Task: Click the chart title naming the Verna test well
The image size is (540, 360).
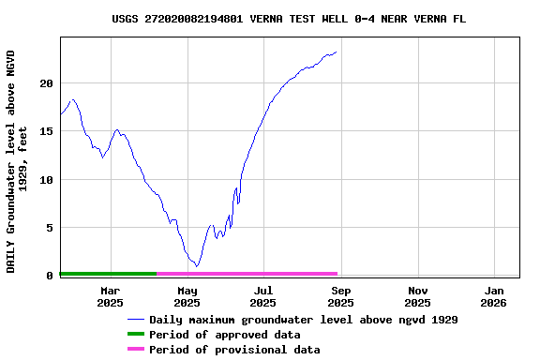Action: pyautogui.click(x=289, y=19)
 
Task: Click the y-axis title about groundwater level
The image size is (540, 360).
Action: pyautogui.click(x=17, y=161)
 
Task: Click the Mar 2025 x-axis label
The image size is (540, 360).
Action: pyautogui.click(x=111, y=296)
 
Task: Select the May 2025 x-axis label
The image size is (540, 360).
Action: pyautogui.click(x=187, y=296)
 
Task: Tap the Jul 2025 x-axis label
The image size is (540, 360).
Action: pyautogui.click(x=263, y=296)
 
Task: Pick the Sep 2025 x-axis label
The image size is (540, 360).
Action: pyautogui.click(x=340, y=296)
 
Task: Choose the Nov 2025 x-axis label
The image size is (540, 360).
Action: pyautogui.click(x=417, y=296)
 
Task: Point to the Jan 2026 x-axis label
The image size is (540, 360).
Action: pyautogui.click(x=493, y=296)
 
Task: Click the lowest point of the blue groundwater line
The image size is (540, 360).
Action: pyautogui.click(x=196, y=266)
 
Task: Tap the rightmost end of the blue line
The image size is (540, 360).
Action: pyautogui.click(x=337, y=52)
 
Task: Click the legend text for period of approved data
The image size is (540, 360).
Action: pyautogui.click(x=225, y=335)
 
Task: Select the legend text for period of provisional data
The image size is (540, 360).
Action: pyautogui.click(x=234, y=350)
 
